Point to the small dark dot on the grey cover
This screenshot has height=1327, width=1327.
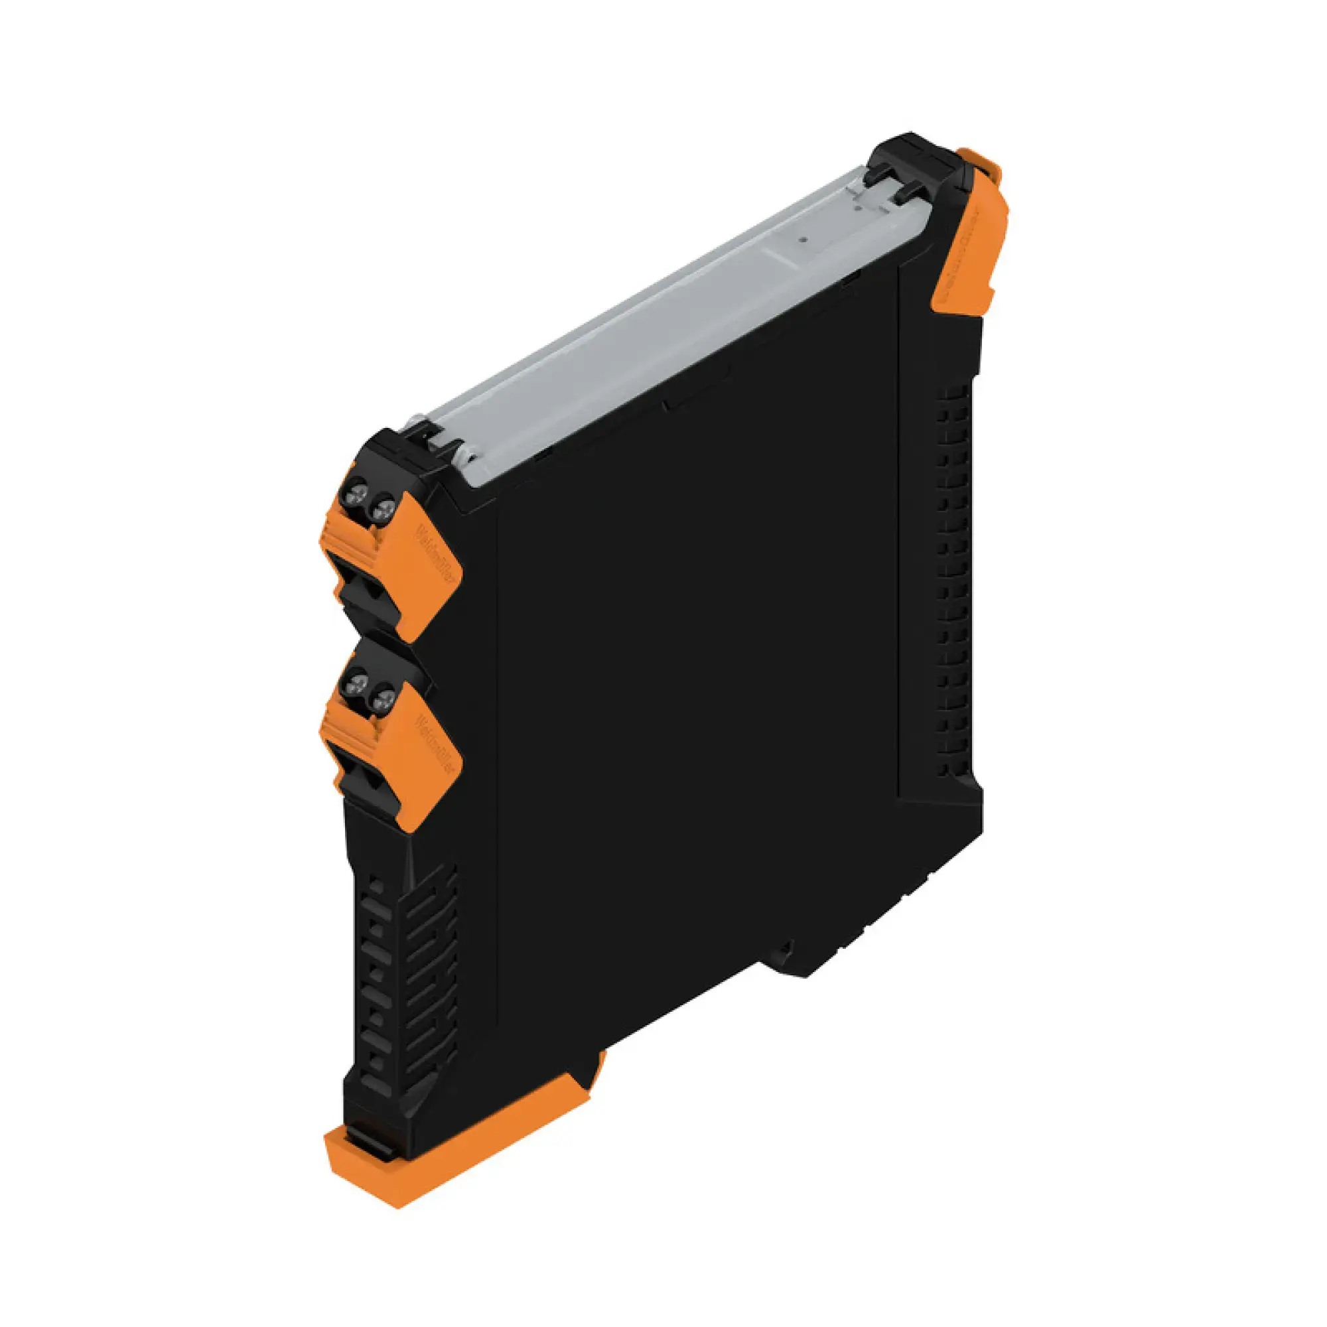click(x=802, y=241)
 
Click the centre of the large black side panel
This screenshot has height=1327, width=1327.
click(x=694, y=687)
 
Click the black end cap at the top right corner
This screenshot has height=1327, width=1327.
click(x=914, y=161)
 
